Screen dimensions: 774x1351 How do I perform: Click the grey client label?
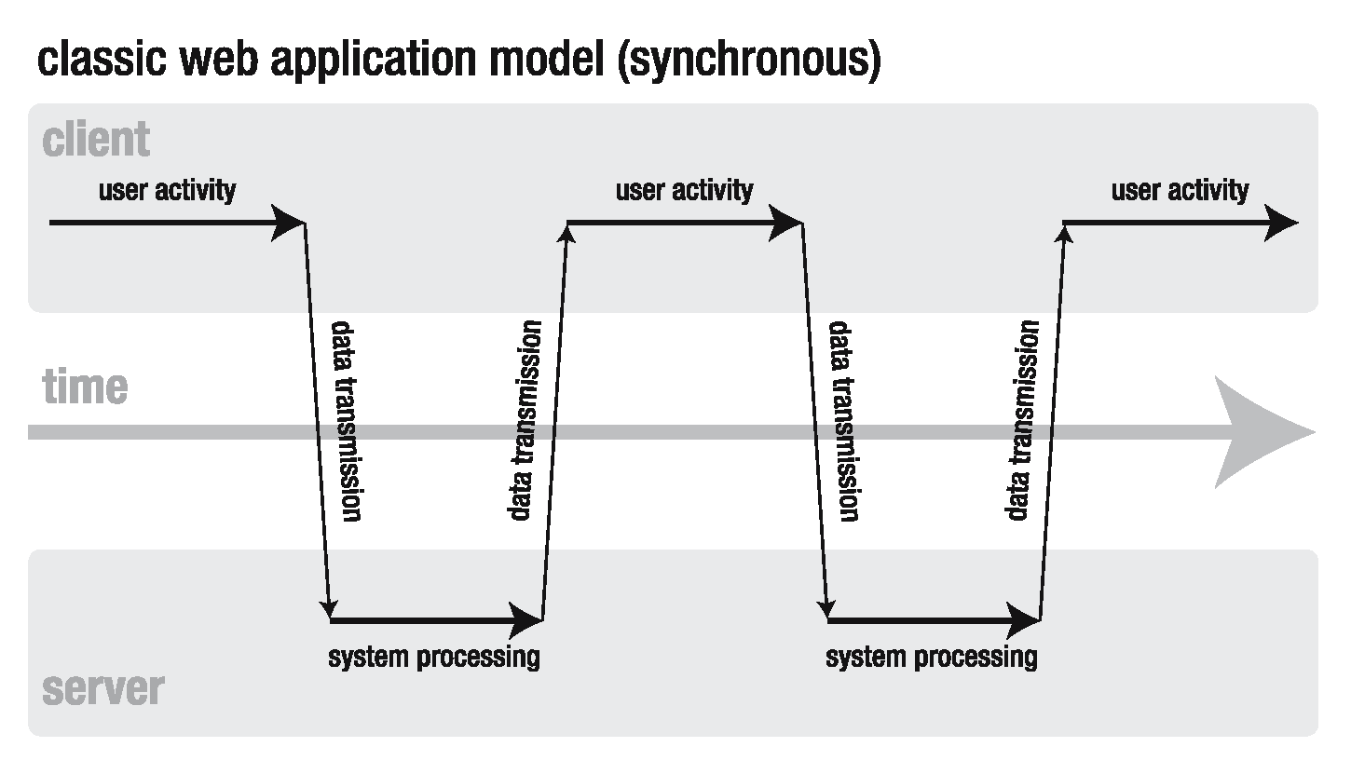point(96,140)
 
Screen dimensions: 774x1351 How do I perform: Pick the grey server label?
point(102,689)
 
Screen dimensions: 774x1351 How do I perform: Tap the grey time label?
point(85,386)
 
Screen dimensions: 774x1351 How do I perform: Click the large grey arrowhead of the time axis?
point(1267,432)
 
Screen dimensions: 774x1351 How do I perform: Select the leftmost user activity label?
point(168,190)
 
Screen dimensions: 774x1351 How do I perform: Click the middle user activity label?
point(684,190)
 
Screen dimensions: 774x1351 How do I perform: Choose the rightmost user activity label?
point(1180,190)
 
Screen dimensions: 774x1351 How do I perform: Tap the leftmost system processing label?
point(434,657)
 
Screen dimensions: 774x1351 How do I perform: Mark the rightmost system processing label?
point(932,657)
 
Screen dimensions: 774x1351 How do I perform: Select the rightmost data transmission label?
point(1023,420)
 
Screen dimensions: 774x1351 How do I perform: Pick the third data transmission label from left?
point(842,421)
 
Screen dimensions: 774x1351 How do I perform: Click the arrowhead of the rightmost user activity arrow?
point(1282,223)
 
